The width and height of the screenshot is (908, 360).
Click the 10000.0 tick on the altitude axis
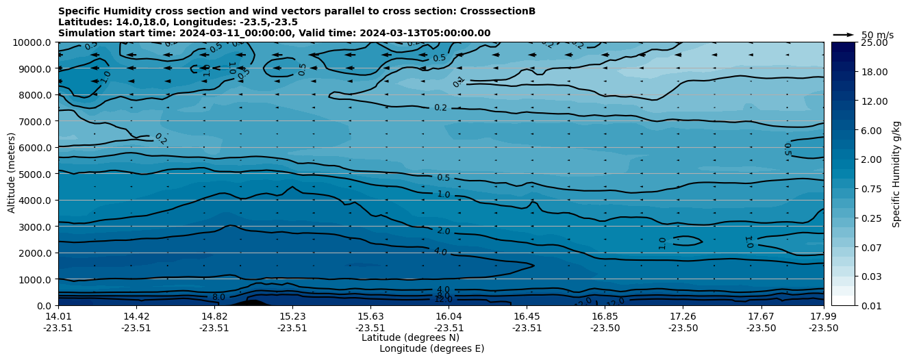tap(34, 42)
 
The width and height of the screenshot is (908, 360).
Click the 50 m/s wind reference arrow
tap(844, 35)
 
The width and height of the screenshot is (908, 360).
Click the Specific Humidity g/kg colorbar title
tap(897, 174)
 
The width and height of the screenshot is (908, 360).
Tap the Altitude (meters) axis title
tap(12, 174)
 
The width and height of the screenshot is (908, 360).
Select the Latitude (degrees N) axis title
tap(410, 337)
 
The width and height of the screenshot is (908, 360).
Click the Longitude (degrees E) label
tap(431, 348)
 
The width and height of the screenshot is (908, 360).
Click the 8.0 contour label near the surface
tap(218, 297)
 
